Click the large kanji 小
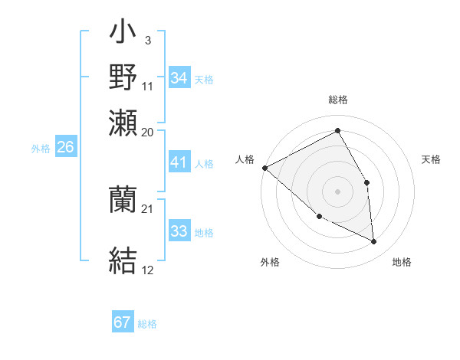(123, 34)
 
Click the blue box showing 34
(179, 78)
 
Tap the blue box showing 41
(179, 162)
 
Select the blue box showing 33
(179, 231)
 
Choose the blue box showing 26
(65, 147)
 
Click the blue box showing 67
(123, 322)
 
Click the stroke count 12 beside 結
(148, 270)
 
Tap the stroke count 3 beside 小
(147, 38)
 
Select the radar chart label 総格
(337, 100)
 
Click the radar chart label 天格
(431, 159)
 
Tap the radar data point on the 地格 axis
(373, 242)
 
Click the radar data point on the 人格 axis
(264, 168)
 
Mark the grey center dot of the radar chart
(337, 191)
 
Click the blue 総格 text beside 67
(147, 324)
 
